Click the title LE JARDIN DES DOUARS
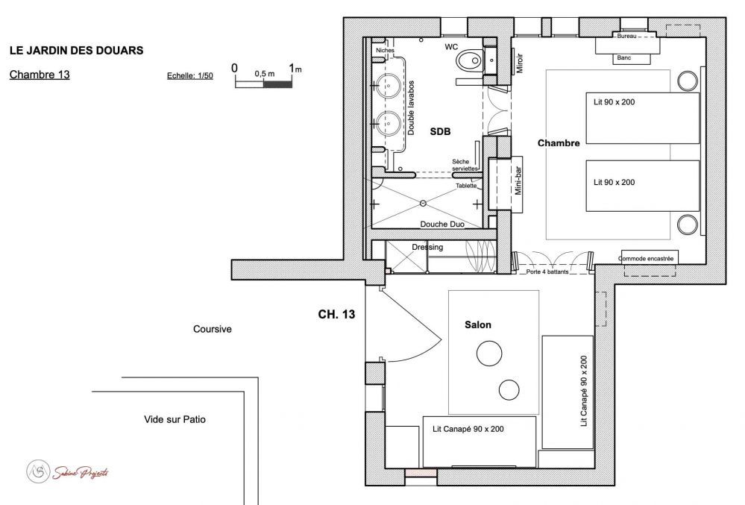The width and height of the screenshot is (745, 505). [x=76, y=51]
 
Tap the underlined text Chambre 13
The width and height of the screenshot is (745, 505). [x=40, y=75]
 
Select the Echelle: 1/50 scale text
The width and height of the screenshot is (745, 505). [x=190, y=76]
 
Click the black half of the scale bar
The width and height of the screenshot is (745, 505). [x=278, y=84]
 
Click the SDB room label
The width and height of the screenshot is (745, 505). [x=441, y=132]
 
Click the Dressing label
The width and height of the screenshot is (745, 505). [x=427, y=247]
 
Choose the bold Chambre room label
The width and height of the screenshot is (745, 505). [x=559, y=142]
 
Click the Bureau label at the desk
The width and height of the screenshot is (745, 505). [x=626, y=36]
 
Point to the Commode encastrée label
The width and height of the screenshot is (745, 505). [x=646, y=259]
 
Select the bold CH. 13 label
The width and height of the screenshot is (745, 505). [x=336, y=315]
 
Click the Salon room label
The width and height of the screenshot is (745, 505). [x=478, y=325]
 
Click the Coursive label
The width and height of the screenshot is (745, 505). [x=213, y=329]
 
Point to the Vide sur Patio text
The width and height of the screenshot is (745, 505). [x=175, y=420]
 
